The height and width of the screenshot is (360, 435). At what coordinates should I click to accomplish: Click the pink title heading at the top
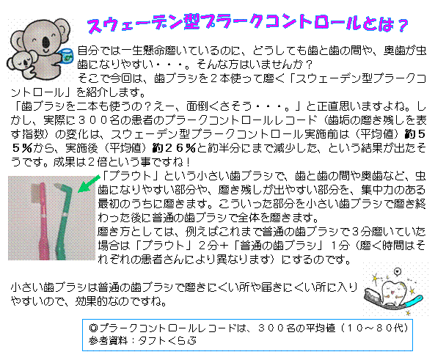pyautogui.click(x=247, y=24)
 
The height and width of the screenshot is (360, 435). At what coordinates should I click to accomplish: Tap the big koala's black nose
pyautogui.click(x=46, y=43)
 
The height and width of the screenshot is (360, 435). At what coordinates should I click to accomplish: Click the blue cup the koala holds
pyautogui.click(x=67, y=56)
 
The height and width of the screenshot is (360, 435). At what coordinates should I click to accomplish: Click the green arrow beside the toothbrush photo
pyautogui.click(x=89, y=183)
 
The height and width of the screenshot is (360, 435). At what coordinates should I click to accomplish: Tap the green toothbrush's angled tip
pyautogui.click(x=57, y=185)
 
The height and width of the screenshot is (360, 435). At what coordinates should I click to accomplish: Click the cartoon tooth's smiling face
pyautogui.click(x=394, y=291)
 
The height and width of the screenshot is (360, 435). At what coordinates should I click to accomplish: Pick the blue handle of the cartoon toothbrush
pyautogui.click(x=414, y=301)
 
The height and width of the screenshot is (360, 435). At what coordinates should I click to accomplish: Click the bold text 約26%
pyautogui.click(x=175, y=148)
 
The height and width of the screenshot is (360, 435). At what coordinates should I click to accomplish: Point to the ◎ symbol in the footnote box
pyautogui.click(x=94, y=328)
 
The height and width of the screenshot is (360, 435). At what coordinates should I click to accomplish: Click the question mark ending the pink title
pyautogui.click(x=402, y=26)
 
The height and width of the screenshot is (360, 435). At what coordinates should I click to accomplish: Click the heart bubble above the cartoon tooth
pyautogui.click(x=398, y=271)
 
